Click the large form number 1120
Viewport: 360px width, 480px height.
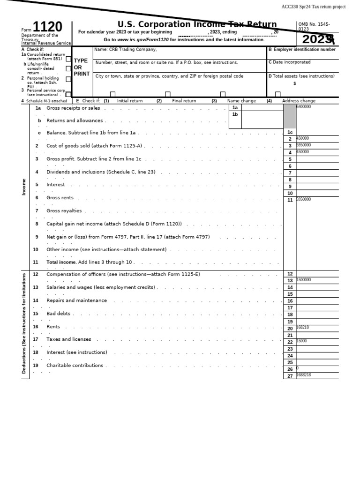(x=47, y=28)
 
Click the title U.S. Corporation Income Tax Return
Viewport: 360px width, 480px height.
(x=197, y=24)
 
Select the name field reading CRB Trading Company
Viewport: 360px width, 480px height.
(x=126, y=50)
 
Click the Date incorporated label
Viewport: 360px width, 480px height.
(x=289, y=62)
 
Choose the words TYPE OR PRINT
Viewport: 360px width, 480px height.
(x=81, y=67)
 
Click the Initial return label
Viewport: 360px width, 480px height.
(x=130, y=101)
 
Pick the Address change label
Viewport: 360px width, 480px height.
(x=299, y=101)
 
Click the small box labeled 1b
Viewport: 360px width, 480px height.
(x=235, y=114)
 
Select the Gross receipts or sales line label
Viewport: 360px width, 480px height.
(x=73, y=108)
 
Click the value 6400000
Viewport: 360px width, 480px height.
(x=303, y=107)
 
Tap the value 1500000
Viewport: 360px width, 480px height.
(x=303, y=280)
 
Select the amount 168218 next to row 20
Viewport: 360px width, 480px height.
(x=303, y=328)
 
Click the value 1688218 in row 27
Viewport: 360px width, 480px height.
(x=303, y=375)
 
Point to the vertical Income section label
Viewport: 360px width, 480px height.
(x=24, y=187)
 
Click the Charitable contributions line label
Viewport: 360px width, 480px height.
(x=75, y=366)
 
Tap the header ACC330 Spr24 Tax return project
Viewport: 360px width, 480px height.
(x=313, y=7)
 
